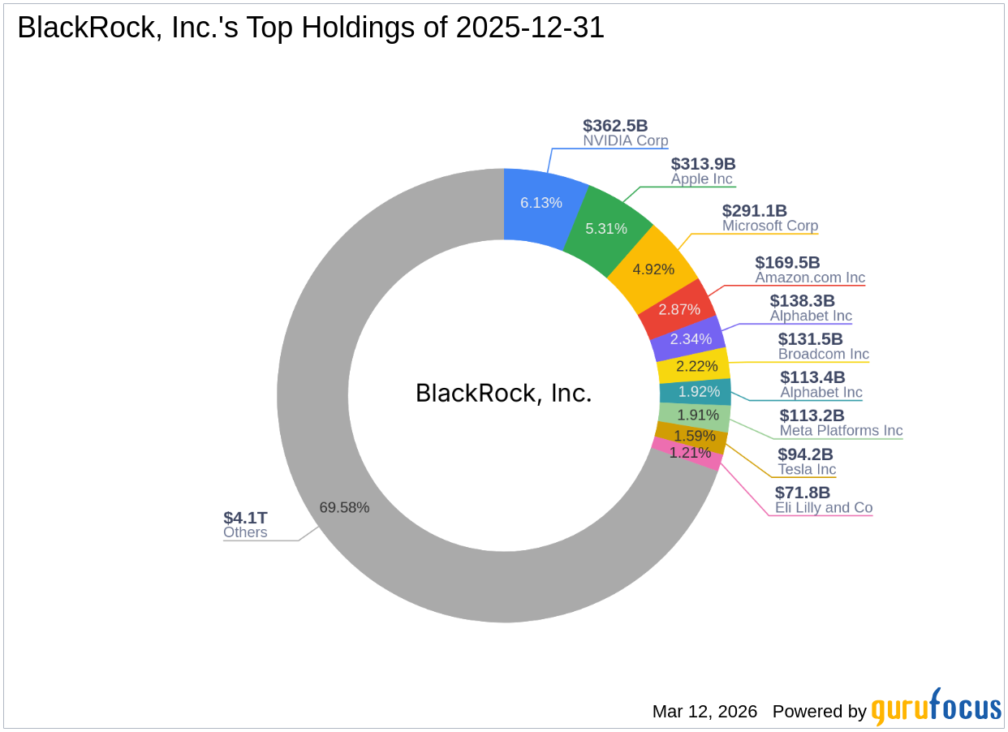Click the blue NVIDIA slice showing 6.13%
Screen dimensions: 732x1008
(x=541, y=203)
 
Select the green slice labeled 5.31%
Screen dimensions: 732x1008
(x=607, y=228)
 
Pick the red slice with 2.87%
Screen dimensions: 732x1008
(x=679, y=309)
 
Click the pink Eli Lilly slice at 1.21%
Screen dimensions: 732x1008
(x=689, y=453)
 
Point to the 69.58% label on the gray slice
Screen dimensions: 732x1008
(x=344, y=507)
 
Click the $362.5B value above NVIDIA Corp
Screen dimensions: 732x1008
(x=615, y=126)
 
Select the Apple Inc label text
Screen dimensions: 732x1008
(x=701, y=179)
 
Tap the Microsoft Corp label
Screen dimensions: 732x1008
(x=770, y=226)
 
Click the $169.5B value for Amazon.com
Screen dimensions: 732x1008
(x=787, y=262)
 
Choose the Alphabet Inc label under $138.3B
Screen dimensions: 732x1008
(x=811, y=316)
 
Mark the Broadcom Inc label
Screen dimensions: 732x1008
(x=823, y=354)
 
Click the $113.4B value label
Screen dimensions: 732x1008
(x=812, y=377)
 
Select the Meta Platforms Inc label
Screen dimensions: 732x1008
(x=841, y=431)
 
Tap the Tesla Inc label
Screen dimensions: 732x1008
(x=807, y=470)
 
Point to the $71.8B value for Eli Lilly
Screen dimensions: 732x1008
(x=803, y=493)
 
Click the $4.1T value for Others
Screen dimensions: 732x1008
(x=245, y=518)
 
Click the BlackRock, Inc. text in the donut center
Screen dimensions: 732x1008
(x=504, y=393)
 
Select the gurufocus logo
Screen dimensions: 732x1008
(x=936, y=708)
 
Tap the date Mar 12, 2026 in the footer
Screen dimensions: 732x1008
(x=704, y=712)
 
